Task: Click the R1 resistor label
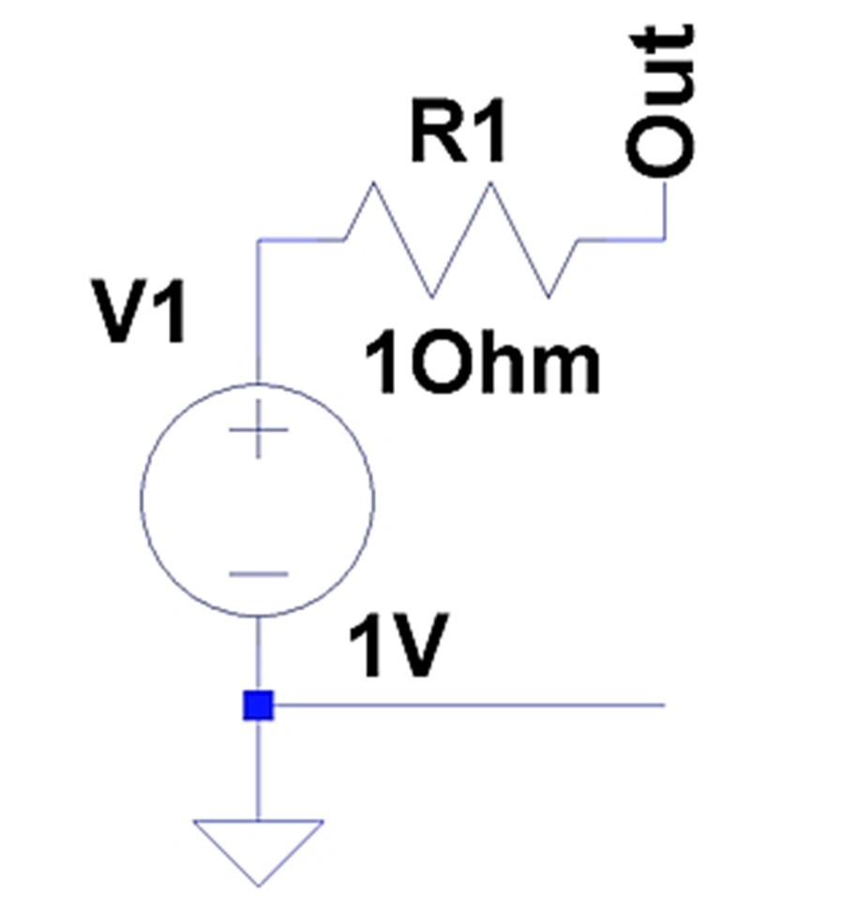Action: pos(459,131)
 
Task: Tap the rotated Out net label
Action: pos(660,100)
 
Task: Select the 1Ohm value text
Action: pos(482,363)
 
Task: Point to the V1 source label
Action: pos(139,312)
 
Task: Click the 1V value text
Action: pos(399,645)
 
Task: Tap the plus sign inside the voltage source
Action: pos(258,430)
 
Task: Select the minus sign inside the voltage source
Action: pos(258,574)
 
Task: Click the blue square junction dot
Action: pos(258,705)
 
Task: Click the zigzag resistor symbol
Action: pos(461,240)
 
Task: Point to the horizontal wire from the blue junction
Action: pos(469,705)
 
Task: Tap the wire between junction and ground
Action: pos(258,770)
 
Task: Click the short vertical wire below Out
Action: pos(664,209)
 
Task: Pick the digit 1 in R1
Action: pos(489,131)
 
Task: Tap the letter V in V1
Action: pos(121,312)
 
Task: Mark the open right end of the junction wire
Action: pos(665,705)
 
